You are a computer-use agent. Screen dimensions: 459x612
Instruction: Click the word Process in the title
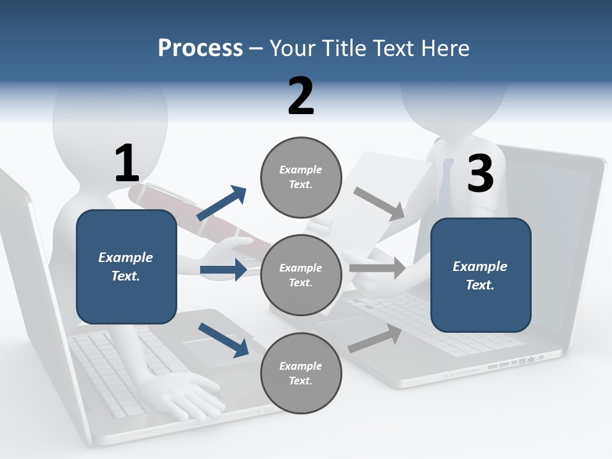(200, 48)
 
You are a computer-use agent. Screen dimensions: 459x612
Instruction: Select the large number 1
(126, 164)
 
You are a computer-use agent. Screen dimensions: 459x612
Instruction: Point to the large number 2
(301, 96)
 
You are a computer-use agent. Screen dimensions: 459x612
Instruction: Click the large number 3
(480, 173)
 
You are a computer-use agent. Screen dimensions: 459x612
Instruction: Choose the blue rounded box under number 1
(126, 266)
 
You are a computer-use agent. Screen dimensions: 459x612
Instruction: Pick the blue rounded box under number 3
(481, 275)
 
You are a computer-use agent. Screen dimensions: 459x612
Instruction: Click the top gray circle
(301, 177)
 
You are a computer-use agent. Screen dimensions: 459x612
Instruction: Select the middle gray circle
(301, 275)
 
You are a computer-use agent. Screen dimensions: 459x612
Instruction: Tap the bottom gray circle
(301, 373)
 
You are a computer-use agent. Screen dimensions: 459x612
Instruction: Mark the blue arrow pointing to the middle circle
(223, 270)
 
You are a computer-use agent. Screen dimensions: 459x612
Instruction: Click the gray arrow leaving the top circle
(379, 204)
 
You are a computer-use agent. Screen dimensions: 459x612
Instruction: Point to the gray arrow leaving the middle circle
(377, 268)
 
